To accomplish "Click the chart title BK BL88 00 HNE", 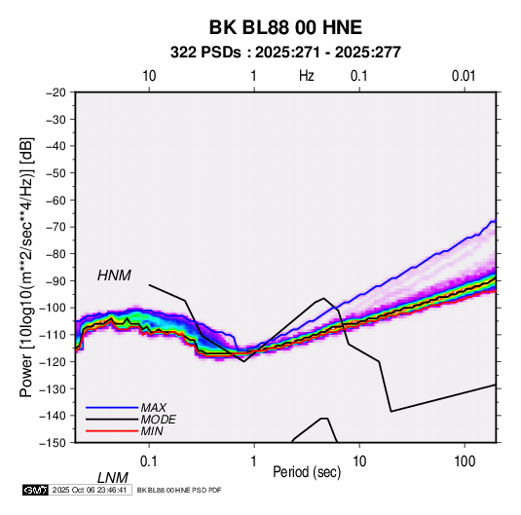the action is (x=285, y=27).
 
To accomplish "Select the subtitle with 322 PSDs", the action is (x=285, y=53).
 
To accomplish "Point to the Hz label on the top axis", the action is (x=307, y=76).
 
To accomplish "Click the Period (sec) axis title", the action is (x=307, y=472).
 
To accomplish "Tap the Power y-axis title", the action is (x=26, y=268).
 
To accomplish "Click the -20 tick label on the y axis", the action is (x=56, y=92).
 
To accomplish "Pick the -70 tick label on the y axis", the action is (x=56, y=227).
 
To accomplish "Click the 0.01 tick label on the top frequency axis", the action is (x=464, y=76).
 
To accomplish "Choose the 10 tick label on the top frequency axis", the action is (x=149, y=76).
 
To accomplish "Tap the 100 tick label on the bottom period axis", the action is (x=465, y=461).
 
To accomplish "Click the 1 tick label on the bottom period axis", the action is (x=254, y=461).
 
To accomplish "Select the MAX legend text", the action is (x=154, y=408).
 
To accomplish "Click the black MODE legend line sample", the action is (x=112, y=420).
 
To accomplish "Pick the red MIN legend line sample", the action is (x=112, y=431).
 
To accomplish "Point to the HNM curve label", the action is (x=114, y=276).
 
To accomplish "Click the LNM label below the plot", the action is (x=113, y=478).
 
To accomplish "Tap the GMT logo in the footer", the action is (x=35, y=490).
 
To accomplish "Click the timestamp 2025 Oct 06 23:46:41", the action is (x=90, y=490).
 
